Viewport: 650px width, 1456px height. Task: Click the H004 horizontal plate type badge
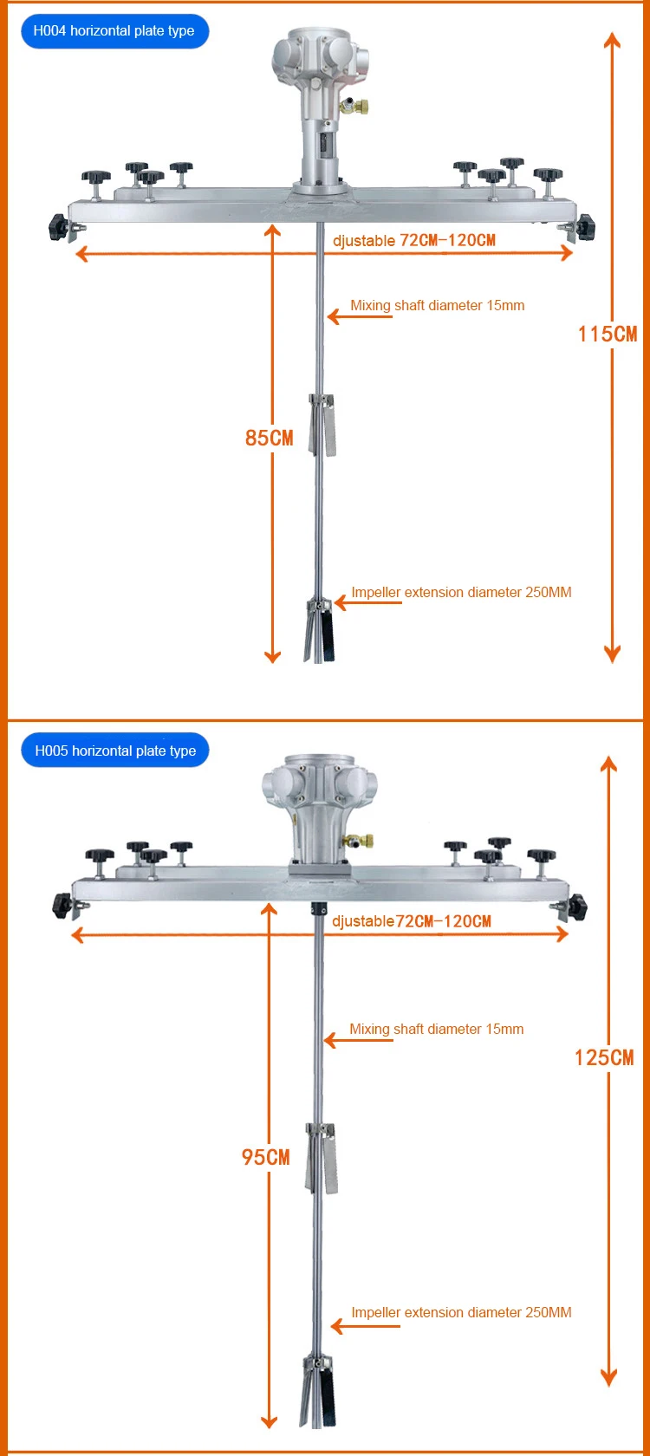(114, 31)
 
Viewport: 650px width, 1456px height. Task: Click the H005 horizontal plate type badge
(115, 751)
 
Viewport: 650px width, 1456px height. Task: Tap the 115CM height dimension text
(607, 335)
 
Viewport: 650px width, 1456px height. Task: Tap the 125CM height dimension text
(604, 1057)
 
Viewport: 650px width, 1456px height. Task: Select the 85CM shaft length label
(269, 439)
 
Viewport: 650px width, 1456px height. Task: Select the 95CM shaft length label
(265, 1157)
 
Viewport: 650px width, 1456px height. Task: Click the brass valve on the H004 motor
(356, 107)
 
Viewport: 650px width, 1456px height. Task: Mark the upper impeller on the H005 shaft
(322, 1156)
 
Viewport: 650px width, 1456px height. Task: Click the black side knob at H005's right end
(576, 908)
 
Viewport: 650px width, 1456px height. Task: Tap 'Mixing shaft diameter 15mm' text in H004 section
(437, 305)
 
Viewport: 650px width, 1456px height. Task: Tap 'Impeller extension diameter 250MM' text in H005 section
(461, 1312)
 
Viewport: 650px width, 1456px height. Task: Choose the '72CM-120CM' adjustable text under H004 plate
(447, 240)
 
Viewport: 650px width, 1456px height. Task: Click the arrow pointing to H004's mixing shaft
(359, 316)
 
